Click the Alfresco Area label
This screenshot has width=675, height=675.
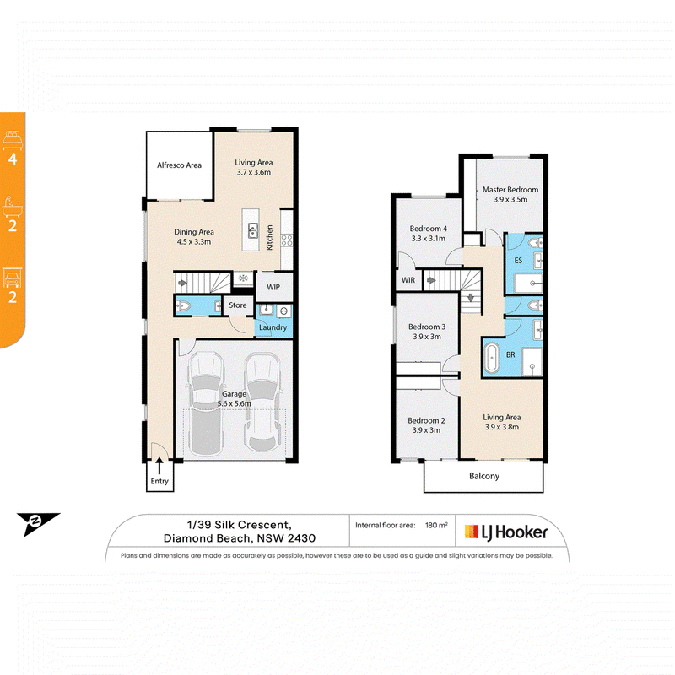[179, 165]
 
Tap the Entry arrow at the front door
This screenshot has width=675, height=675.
[159, 466]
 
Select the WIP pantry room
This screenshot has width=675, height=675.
[273, 286]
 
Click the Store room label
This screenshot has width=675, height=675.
[238, 305]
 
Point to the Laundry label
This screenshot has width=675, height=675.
[273, 327]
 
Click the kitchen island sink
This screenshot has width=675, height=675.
[253, 230]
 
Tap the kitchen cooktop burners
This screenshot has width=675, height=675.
[287, 240]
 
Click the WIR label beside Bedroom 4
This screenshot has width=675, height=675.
[408, 280]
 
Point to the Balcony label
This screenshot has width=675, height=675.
[484, 476]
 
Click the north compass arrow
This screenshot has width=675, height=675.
[38, 524]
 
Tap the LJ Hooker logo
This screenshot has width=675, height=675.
[506, 532]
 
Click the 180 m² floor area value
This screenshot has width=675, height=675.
[436, 525]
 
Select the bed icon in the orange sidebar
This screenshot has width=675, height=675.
[13, 140]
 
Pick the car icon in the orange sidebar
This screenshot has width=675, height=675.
[13, 278]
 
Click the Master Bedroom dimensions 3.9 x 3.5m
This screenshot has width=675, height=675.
[510, 200]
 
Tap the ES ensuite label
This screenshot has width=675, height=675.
[518, 261]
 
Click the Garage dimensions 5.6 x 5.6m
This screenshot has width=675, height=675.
[235, 404]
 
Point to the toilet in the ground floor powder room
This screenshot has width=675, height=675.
[183, 306]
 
